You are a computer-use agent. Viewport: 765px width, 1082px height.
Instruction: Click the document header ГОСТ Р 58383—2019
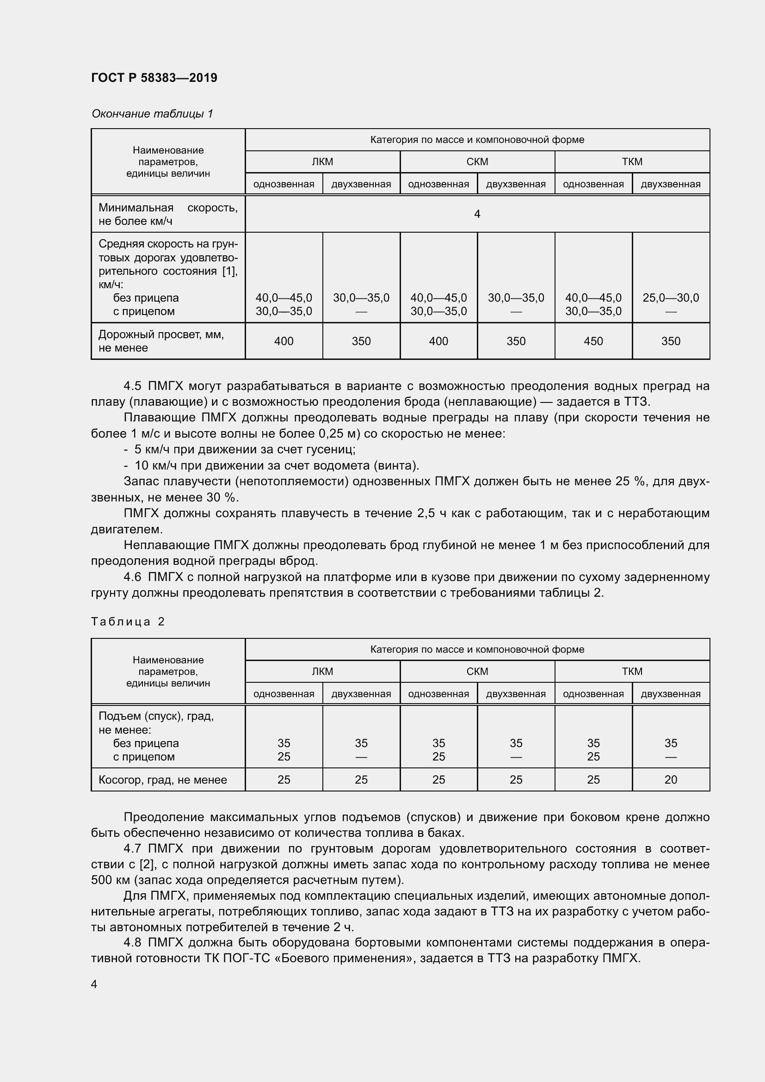pos(154,78)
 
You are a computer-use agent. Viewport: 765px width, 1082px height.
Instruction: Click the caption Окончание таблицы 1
pos(152,114)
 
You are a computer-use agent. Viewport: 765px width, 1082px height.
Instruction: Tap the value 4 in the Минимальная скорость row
pos(477,215)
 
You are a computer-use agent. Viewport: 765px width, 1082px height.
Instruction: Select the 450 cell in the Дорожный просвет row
pos(593,341)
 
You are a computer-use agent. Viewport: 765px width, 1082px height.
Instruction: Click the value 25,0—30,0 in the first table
pos(670,298)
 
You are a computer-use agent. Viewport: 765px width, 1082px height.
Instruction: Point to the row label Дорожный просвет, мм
pos(161,334)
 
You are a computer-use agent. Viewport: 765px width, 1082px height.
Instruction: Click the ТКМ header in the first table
pos(632,161)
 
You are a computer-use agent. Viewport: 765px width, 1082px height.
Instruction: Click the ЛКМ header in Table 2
pos(322,671)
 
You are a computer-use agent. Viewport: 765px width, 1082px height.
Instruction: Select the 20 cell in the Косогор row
pos(670,779)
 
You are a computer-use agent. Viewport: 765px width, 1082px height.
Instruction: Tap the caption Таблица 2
pos(128,622)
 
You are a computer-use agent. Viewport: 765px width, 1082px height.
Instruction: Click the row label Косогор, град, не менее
pos(162,780)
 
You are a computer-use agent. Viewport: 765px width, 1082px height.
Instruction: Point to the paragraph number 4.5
pos(132,386)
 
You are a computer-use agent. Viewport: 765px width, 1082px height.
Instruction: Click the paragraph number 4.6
pos(132,577)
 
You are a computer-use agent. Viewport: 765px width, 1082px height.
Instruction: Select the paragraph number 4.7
pos(132,849)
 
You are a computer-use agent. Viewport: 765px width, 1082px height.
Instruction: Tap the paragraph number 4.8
pos(132,942)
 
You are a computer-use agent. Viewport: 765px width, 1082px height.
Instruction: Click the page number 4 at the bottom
pos(94,984)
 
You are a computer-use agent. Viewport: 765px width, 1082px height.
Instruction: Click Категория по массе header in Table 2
pos(477,649)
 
